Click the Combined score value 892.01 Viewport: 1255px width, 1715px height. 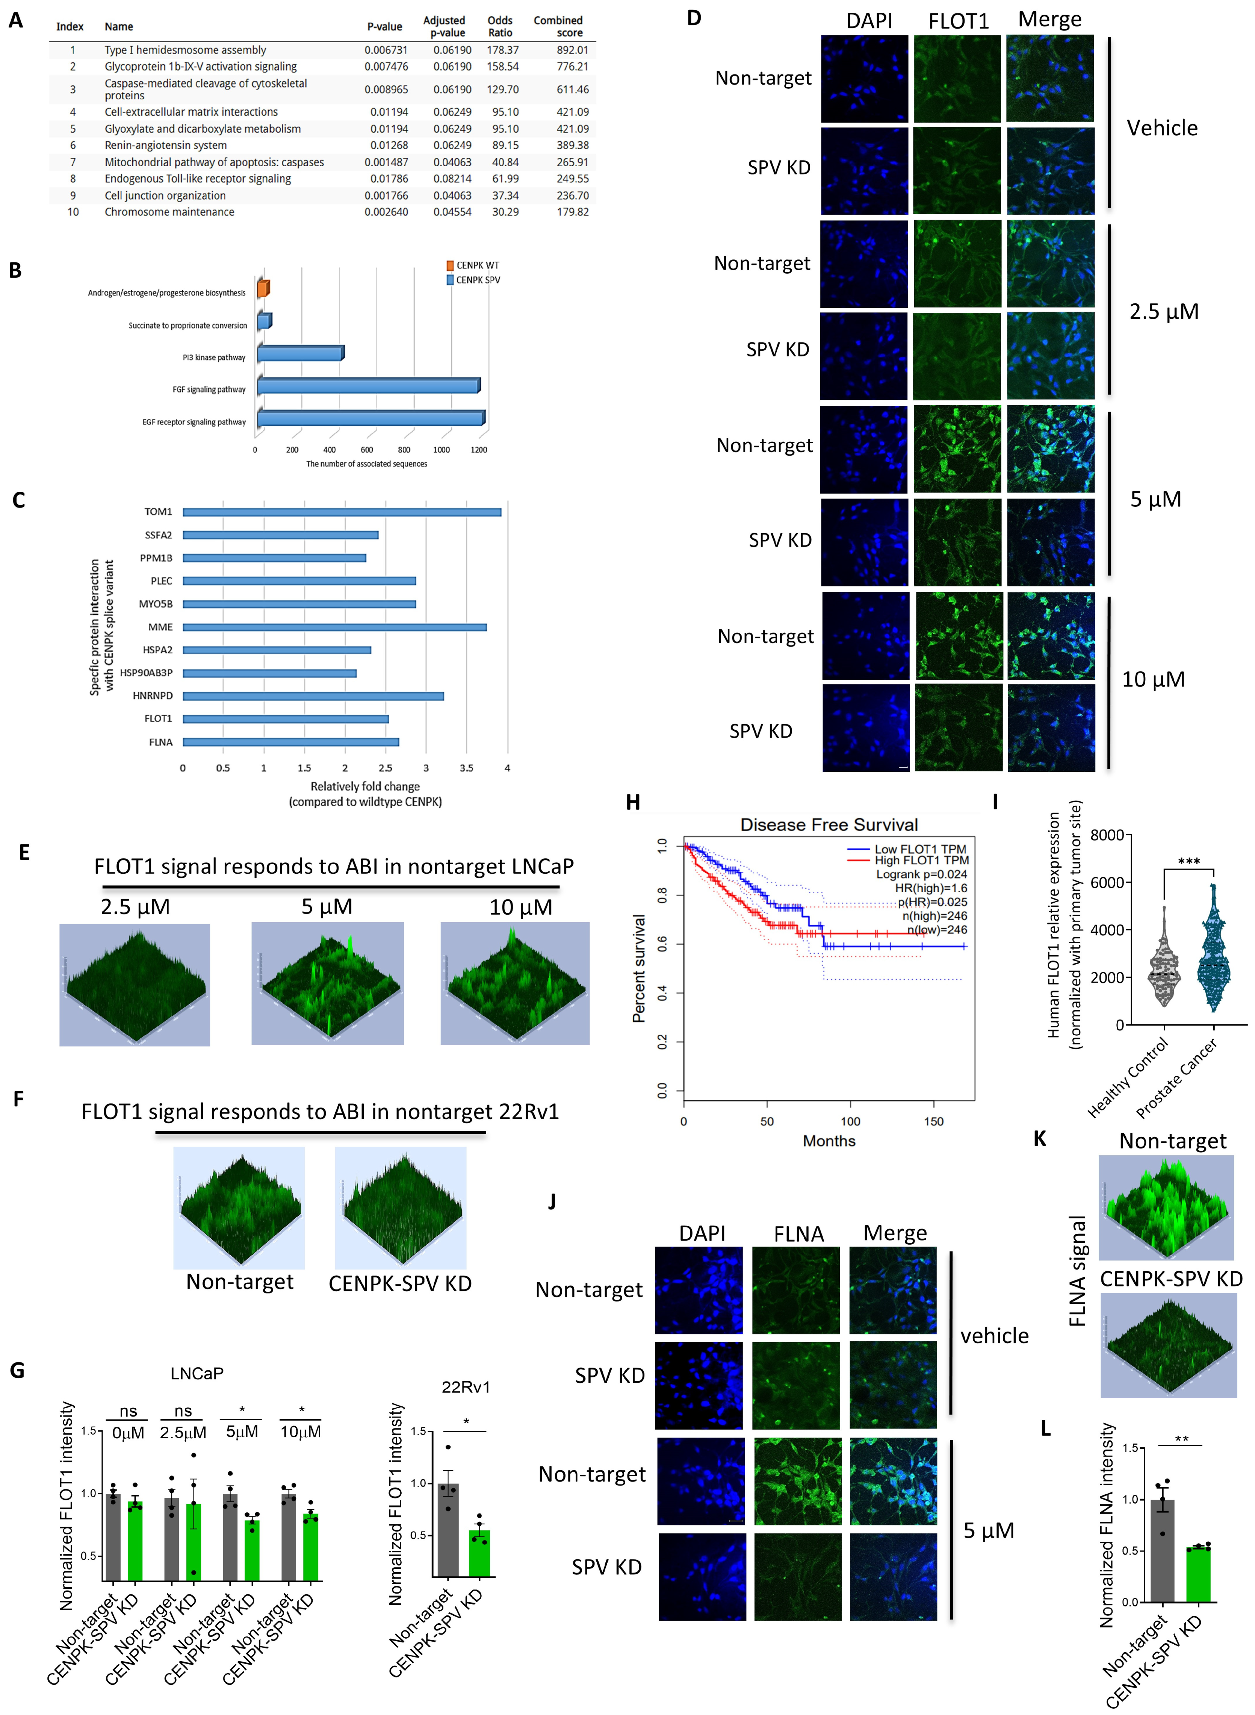click(x=572, y=50)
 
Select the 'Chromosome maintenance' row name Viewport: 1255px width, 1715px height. click(x=169, y=212)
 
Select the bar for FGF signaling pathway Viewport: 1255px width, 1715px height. click(x=369, y=386)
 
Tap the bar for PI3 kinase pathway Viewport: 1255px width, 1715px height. click(x=300, y=353)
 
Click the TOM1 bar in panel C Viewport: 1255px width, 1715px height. click(x=342, y=512)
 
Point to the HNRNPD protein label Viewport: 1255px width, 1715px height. click(x=153, y=695)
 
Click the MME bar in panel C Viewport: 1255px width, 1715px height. click(x=334, y=627)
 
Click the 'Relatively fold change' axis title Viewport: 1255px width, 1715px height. click(x=364, y=786)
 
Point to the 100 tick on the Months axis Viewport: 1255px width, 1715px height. click(x=850, y=1121)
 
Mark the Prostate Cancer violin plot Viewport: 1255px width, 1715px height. click(x=1213, y=950)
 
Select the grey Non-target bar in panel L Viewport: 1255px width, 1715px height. click(x=1162, y=1550)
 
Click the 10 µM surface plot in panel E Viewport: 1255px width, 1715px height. click(x=515, y=984)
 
